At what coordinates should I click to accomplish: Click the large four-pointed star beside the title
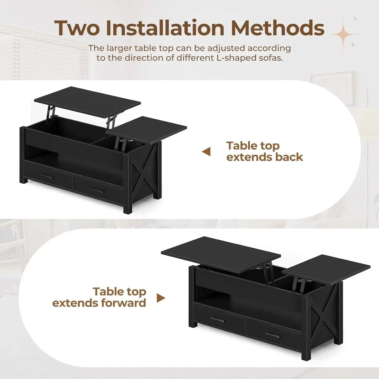(x=344, y=34)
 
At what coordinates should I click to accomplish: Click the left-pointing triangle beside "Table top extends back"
(x=207, y=152)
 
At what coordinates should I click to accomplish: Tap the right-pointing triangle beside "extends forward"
(x=161, y=298)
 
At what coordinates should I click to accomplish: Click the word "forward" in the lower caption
(x=124, y=303)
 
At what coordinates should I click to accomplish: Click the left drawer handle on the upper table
(x=46, y=176)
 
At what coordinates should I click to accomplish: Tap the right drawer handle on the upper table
(x=97, y=190)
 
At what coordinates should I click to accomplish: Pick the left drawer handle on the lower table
(x=218, y=319)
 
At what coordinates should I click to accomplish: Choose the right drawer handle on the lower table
(x=273, y=335)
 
